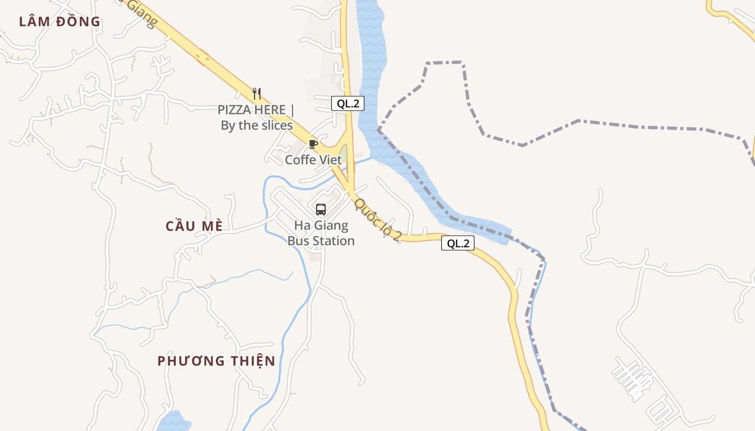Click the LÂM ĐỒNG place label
60,22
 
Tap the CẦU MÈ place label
194,226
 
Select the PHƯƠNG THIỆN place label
216,361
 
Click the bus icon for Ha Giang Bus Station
321,209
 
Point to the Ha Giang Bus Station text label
321,233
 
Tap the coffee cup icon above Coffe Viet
313,144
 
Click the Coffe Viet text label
313,160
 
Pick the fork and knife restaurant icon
257,94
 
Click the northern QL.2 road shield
348,104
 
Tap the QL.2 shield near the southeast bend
458,243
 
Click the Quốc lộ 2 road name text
377,219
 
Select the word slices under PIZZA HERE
274,126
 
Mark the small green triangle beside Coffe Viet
343,153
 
